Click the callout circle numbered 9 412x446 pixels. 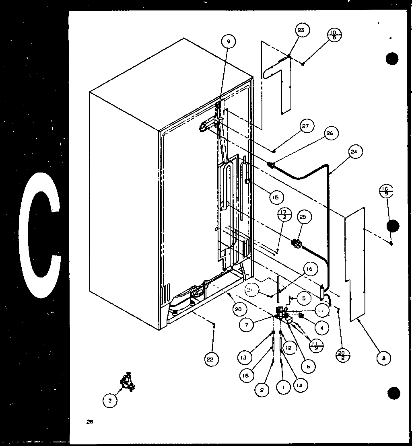(229, 41)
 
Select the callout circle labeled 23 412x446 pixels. (301, 30)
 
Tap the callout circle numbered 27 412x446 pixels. (305, 126)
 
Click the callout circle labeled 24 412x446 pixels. (354, 152)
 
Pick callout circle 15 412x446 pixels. (275, 197)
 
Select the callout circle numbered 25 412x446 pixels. (303, 217)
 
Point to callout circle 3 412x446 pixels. (109, 401)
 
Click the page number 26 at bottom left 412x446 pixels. (89, 421)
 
